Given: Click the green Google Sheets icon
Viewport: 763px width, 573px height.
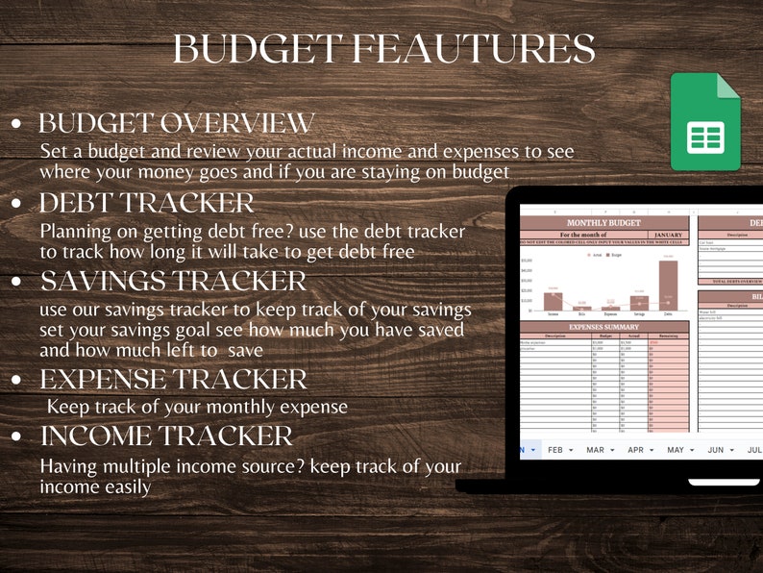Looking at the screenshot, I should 705,121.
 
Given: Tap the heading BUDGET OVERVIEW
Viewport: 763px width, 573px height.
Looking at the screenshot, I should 176,123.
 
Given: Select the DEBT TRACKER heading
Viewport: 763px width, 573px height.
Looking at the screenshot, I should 146,203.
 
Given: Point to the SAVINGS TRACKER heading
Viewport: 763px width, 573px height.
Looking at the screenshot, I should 173,282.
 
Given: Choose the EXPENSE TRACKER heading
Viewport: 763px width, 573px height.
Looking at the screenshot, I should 173,379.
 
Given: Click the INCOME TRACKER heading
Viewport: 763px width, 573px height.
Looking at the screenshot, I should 165,436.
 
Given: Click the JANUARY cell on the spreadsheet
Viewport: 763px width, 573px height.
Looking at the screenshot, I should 668,234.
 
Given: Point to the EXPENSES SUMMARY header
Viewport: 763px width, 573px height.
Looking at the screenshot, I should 603,327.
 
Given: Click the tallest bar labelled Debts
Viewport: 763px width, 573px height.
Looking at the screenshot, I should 668,286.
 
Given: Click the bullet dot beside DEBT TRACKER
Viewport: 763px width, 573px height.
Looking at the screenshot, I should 17,204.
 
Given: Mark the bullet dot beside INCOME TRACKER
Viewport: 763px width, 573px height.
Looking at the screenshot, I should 17,436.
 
